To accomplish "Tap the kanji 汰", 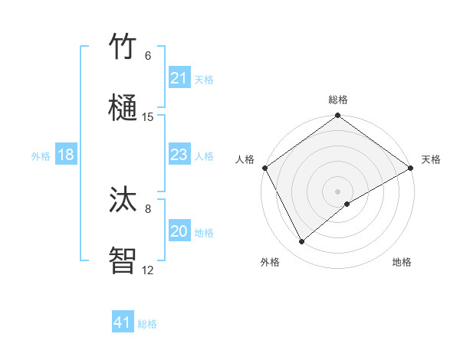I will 123,201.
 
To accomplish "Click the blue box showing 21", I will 179,78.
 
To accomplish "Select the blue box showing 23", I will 179,155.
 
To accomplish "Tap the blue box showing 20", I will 179,231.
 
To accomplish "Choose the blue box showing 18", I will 65,155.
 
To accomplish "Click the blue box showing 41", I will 122,322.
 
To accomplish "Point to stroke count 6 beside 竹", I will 148,55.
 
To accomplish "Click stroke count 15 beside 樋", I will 148,116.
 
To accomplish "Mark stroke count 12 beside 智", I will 148,270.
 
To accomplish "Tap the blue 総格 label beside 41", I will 147,324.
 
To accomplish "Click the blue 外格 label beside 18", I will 41,155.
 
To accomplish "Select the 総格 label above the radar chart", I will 338,100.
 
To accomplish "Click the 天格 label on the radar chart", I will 431,159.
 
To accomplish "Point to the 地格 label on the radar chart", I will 402,262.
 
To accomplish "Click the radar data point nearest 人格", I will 264,168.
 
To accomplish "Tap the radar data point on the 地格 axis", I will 347,204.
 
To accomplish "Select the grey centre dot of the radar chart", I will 338,191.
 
